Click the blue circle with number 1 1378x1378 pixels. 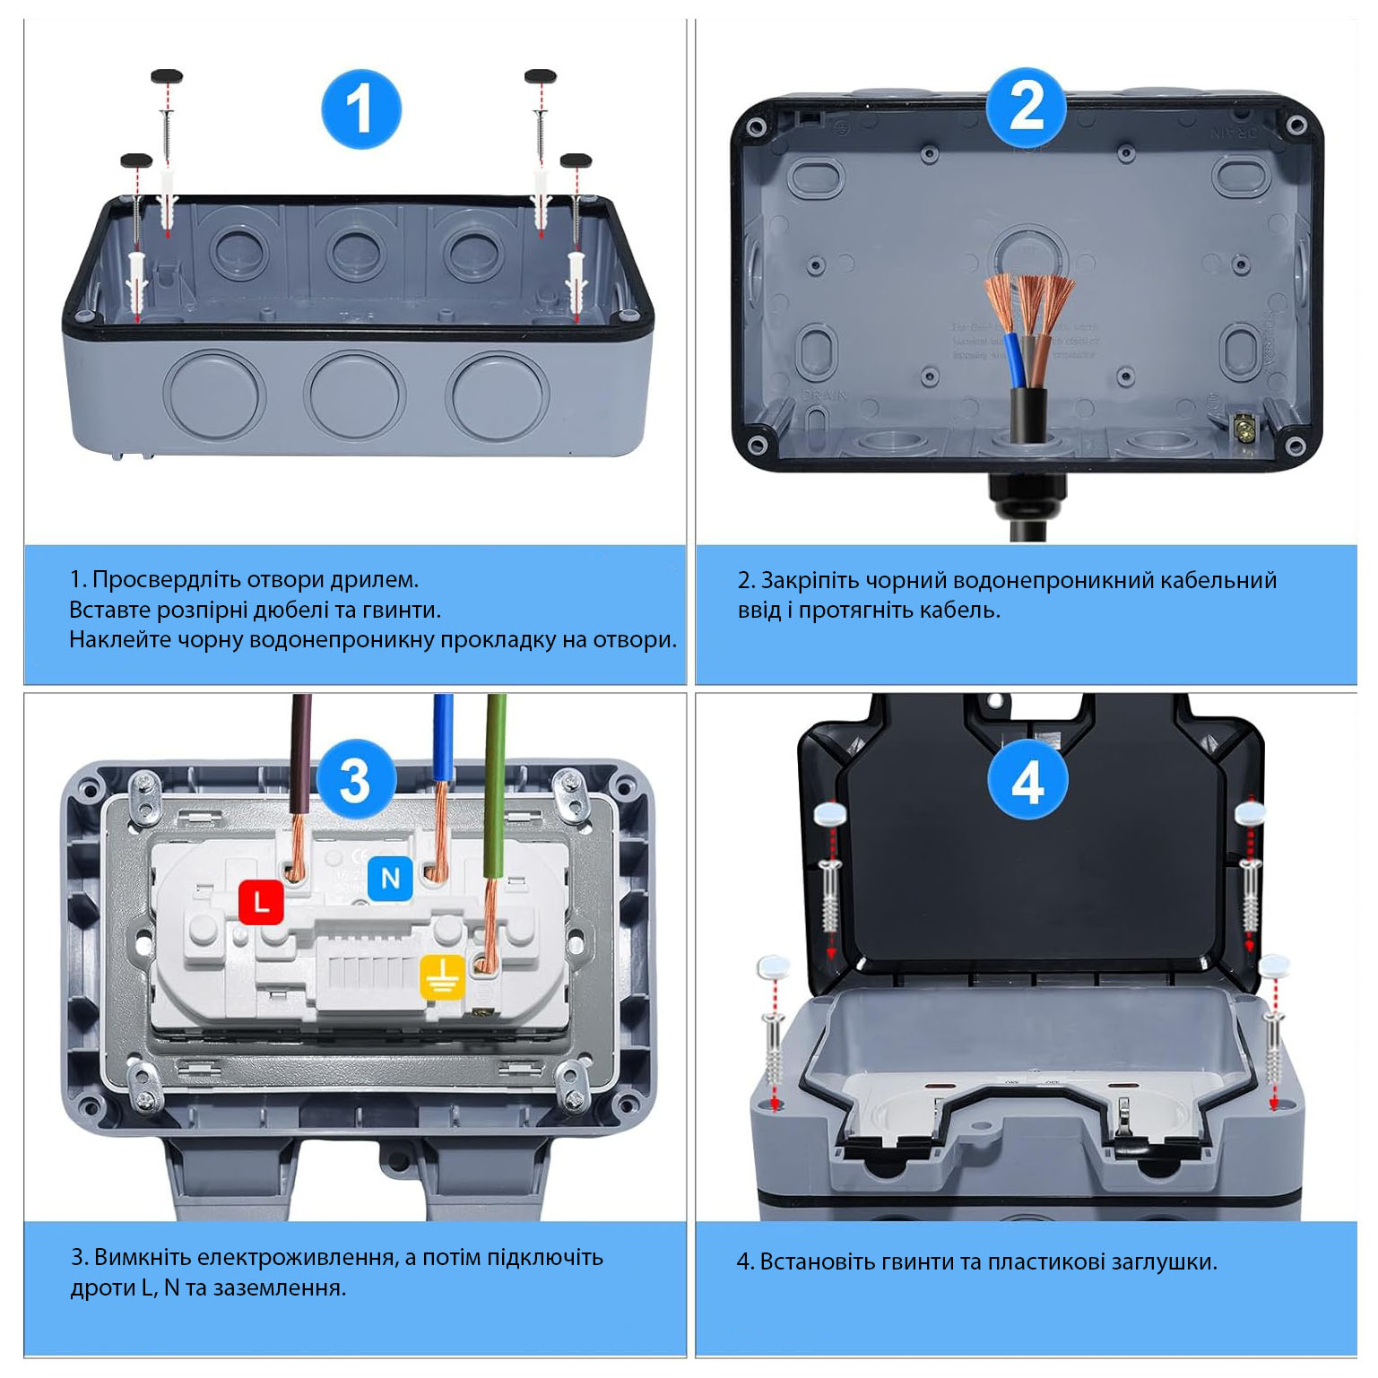pyautogui.click(x=360, y=109)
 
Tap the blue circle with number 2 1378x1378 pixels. pyautogui.click(x=1027, y=108)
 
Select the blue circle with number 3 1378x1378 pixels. pyautogui.click(x=355, y=779)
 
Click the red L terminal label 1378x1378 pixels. pyautogui.click(x=261, y=901)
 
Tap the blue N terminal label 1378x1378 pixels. pyautogui.click(x=390, y=878)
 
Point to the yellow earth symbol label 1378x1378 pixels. pyautogui.click(x=443, y=976)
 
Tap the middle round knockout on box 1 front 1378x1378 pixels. pyautogui.click(x=354, y=394)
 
